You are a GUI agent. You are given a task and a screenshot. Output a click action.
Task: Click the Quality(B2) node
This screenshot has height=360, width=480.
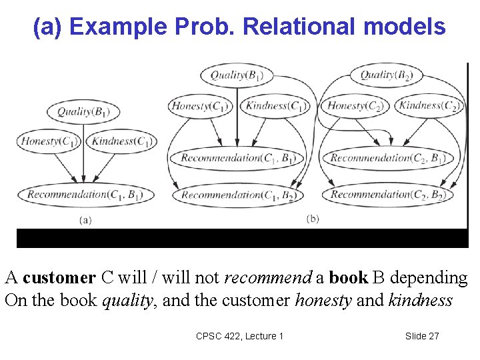pyautogui.click(x=386, y=75)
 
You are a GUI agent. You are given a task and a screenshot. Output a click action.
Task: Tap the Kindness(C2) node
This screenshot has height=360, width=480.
pyautogui.click(x=430, y=105)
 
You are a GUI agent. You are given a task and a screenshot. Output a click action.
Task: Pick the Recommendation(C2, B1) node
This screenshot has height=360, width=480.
pyautogui.click(x=387, y=158)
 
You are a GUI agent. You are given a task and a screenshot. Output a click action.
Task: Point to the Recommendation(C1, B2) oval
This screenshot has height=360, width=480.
pyautogui.click(x=237, y=195)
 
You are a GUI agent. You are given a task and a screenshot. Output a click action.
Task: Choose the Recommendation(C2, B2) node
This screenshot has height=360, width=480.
pyautogui.click(x=387, y=195)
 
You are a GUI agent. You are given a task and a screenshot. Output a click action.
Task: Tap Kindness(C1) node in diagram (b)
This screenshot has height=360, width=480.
pyautogui.click(x=277, y=105)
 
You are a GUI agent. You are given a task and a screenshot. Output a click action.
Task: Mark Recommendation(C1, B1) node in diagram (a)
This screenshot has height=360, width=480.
pyautogui.click(x=85, y=195)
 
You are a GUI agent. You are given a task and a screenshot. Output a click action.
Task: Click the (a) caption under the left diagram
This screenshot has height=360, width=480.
pyautogui.click(x=85, y=219)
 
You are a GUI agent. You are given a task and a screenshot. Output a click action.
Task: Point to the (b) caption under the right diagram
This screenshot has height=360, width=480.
pyautogui.click(x=313, y=219)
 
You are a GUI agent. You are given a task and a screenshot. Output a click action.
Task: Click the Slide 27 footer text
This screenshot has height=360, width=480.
pyautogui.click(x=422, y=336)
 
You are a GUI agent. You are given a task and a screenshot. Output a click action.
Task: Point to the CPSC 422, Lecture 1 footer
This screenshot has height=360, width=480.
pyautogui.click(x=240, y=336)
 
